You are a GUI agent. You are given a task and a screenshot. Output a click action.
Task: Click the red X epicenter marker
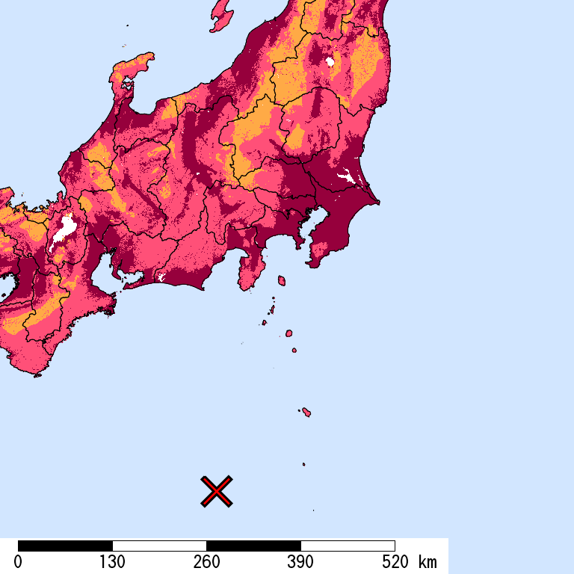[x=217, y=491]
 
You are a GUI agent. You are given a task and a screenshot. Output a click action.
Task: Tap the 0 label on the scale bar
[x=18, y=562]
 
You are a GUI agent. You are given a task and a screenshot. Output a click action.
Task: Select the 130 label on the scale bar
[x=112, y=562]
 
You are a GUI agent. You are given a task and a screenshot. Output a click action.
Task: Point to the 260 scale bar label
[x=206, y=562]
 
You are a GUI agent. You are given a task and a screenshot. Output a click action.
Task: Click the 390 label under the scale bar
[x=300, y=562]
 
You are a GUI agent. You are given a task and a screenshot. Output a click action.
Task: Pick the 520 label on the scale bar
[x=395, y=562]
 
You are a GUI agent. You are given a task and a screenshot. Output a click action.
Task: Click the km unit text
[x=428, y=562]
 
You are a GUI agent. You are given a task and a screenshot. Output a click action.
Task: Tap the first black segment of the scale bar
[x=65, y=546]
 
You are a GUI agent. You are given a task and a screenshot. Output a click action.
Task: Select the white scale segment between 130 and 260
[x=159, y=546]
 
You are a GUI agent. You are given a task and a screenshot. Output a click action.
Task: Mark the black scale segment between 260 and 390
[x=253, y=546]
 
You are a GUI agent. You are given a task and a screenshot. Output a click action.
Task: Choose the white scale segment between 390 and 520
[x=348, y=546]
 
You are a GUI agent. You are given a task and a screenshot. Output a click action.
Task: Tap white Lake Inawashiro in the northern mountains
[x=330, y=61]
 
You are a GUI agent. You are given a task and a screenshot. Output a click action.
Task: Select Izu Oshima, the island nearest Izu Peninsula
[x=282, y=280]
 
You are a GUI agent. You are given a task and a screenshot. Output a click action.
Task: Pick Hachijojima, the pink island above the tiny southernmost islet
[x=306, y=412]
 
